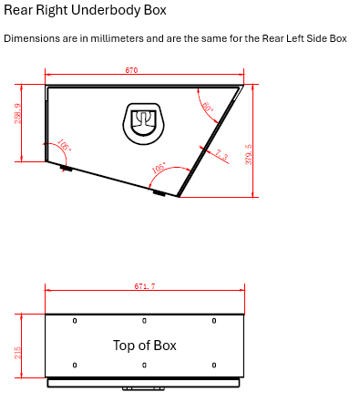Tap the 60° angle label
click(x=207, y=108)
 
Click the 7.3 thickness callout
click(x=221, y=155)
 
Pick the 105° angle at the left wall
click(x=64, y=146)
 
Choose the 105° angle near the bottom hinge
click(x=159, y=170)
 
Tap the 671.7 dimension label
click(x=144, y=286)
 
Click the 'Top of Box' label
click(x=144, y=346)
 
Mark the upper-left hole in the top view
click(x=75, y=321)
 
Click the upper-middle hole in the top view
click(x=144, y=321)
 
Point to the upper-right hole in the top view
click(x=214, y=321)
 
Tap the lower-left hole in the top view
click(x=75, y=366)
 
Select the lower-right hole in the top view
click(x=214, y=366)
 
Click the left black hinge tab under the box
click(x=66, y=168)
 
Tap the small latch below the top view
click(x=143, y=388)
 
